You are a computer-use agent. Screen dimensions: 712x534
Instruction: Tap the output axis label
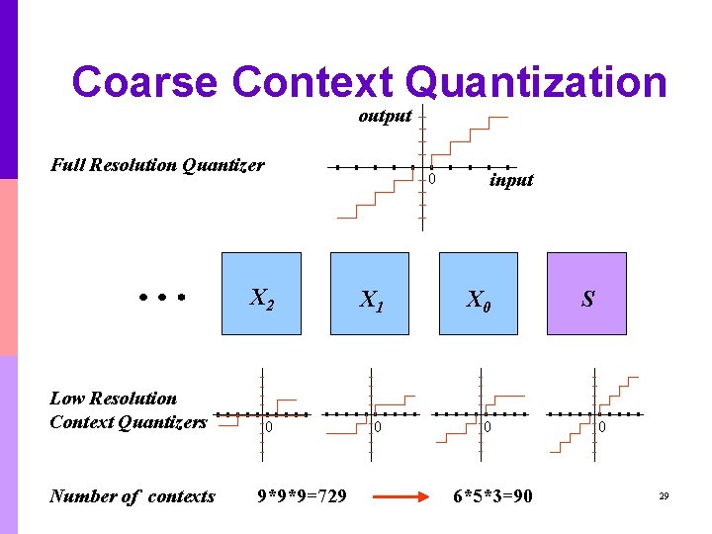tap(385, 116)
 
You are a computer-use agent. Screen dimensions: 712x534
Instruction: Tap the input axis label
tap(511, 180)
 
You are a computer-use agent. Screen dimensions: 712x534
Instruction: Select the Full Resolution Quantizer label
tap(157, 165)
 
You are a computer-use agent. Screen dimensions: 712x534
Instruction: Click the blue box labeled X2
tap(261, 294)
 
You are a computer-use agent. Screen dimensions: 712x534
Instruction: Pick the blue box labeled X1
tap(370, 294)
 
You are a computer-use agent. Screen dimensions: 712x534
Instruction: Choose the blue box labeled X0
tap(479, 294)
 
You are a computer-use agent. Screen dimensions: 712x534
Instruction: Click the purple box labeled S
tap(587, 294)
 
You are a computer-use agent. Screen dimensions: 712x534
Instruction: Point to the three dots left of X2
tap(162, 296)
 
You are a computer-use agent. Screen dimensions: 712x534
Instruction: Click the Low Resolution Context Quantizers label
tap(128, 410)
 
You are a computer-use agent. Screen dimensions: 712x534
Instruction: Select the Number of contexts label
tap(132, 496)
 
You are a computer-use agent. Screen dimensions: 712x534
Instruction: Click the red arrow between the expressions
tap(402, 496)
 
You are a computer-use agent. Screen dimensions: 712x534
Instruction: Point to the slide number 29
tap(665, 496)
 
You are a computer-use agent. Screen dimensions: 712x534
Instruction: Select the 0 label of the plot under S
tap(600, 427)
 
